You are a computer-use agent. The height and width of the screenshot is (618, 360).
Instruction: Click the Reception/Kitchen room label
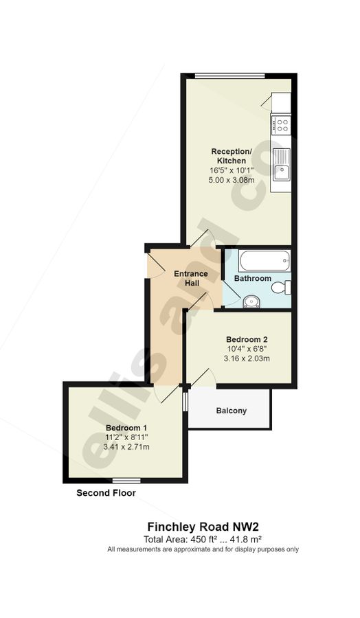point(227,156)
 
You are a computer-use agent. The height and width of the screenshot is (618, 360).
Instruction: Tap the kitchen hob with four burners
point(280,125)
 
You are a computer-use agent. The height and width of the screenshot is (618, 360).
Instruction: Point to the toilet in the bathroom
point(282,287)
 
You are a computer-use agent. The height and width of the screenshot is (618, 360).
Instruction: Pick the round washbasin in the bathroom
point(251,301)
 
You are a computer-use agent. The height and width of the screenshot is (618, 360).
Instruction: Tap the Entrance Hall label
point(190,279)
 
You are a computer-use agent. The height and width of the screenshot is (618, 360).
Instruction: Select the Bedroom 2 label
point(247,339)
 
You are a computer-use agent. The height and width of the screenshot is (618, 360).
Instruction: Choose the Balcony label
point(231,411)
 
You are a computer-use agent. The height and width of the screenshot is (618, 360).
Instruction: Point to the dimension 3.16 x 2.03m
point(247,358)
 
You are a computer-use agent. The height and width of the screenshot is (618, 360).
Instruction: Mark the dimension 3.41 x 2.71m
point(126,447)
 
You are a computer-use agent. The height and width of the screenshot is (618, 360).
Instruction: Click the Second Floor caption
point(106,493)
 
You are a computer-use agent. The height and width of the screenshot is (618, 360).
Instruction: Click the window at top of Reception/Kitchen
point(229,76)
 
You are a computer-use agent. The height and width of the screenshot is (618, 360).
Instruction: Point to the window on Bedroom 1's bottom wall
point(126,480)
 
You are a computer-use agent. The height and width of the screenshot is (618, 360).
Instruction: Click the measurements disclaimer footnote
point(203,549)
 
